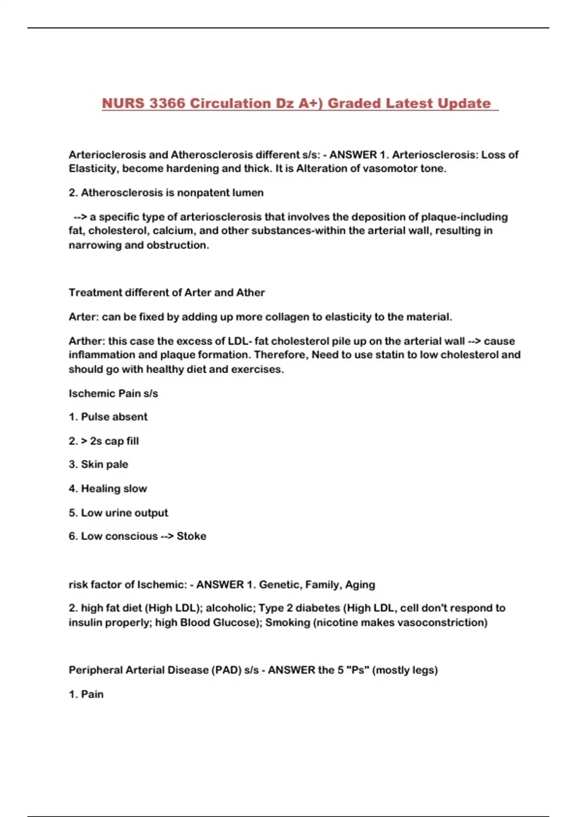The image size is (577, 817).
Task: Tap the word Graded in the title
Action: click(x=355, y=103)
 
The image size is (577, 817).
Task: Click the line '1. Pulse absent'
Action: click(x=108, y=417)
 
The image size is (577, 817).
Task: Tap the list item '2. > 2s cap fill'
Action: click(x=104, y=441)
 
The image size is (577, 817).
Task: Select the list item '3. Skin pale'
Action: click(x=99, y=464)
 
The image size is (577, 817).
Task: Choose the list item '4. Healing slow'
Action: click(x=108, y=489)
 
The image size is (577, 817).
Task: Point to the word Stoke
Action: click(x=191, y=536)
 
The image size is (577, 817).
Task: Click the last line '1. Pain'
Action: click(x=86, y=694)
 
